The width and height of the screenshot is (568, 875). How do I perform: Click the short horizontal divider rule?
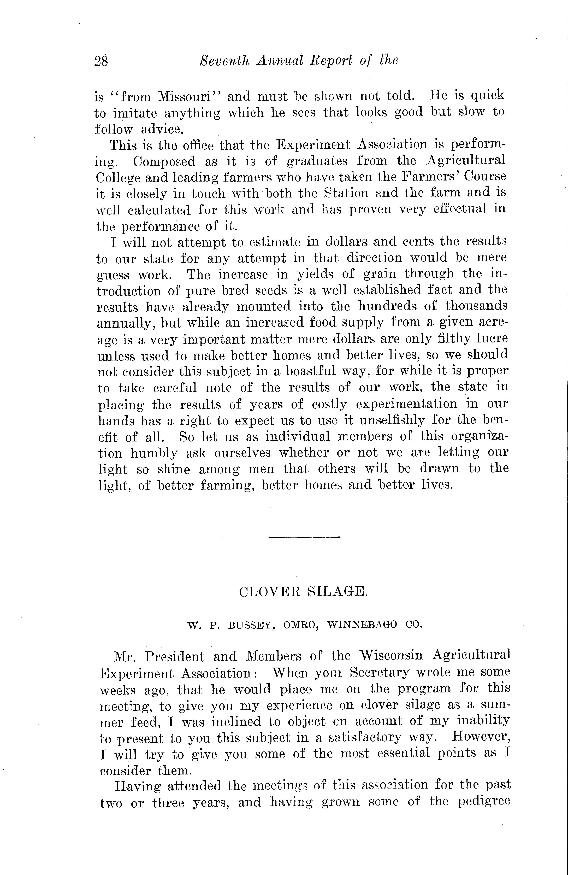305,538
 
